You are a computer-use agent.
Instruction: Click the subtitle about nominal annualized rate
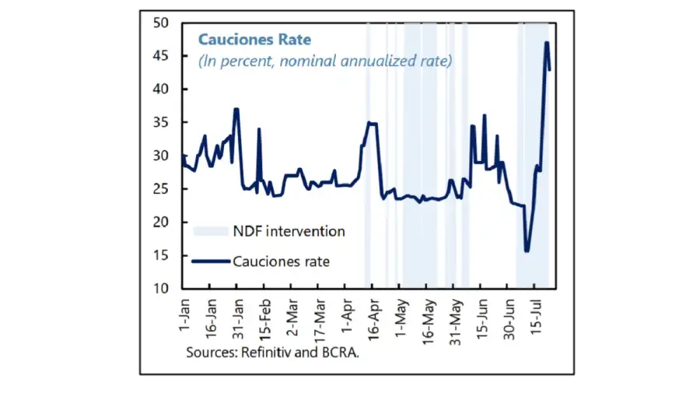(x=325, y=61)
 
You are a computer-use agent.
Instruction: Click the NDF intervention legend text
(x=289, y=231)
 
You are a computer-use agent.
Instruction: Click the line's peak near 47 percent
(x=547, y=43)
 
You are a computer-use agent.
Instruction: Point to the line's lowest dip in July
(x=527, y=251)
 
